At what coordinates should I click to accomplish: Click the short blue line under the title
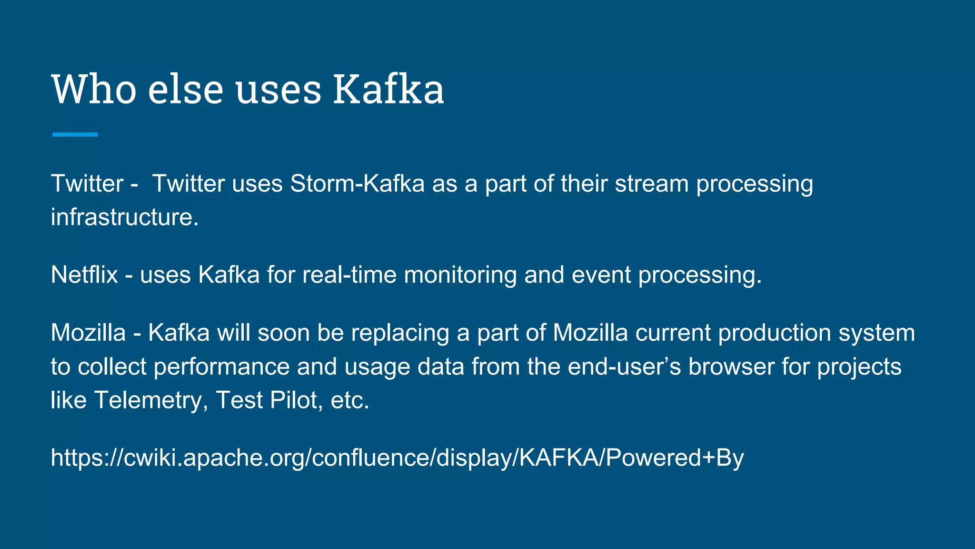click(75, 135)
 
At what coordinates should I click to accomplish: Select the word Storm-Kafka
click(357, 183)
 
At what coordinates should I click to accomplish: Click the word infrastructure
click(124, 217)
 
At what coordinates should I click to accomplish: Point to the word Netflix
click(84, 275)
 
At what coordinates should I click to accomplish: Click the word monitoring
click(460, 275)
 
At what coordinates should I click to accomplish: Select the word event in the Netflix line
click(601, 275)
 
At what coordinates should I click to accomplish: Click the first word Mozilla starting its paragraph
click(88, 333)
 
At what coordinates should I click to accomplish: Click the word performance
click(221, 367)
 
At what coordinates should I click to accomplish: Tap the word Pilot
click(293, 400)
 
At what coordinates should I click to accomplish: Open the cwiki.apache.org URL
click(397, 458)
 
